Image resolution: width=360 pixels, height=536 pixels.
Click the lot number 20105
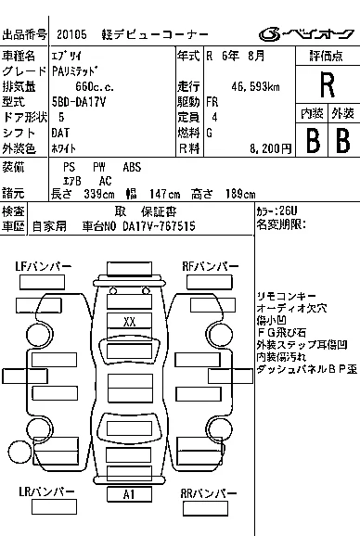pyautogui.click(x=71, y=34)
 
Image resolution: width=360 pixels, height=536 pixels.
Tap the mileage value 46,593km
pyautogui.click(x=255, y=87)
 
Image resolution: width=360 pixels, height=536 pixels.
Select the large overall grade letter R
pyautogui.click(x=328, y=84)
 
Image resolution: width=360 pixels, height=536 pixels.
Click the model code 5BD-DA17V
pyautogui.click(x=79, y=102)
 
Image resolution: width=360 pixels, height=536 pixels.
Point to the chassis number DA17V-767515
pyautogui.click(x=159, y=226)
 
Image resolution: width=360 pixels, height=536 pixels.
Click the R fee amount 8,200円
pyautogui.click(x=270, y=148)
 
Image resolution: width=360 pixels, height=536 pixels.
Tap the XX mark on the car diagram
pyautogui.click(x=129, y=322)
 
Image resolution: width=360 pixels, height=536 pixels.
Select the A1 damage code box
pyautogui.click(x=129, y=494)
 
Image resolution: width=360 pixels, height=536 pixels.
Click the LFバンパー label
pyautogui.click(x=43, y=266)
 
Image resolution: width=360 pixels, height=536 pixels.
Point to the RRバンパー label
pyautogui.click(x=208, y=493)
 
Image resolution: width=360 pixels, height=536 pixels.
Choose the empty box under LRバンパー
pyautogui.click(x=54, y=507)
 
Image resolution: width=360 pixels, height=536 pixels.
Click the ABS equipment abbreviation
pyautogui.click(x=132, y=167)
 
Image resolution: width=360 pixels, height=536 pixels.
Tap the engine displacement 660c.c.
pyautogui.click(x=95, y=86)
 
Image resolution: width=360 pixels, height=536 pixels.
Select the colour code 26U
pyautogui.click(x=289, y=211)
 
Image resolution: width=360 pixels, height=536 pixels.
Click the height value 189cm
pyautogui.click(x=240, y=194)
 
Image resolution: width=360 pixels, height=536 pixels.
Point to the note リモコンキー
pyautogui.click(x=281, y=296)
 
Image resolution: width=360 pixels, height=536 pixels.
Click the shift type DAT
pyautogui.click(x=60, y=133)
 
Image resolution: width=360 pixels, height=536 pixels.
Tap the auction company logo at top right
pyautogui.click(x=306, y=33)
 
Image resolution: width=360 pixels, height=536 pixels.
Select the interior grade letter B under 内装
pyautogui.click(x=313, y=141)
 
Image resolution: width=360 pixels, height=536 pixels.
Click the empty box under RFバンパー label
pyautogui.click(x=209, y=283)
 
